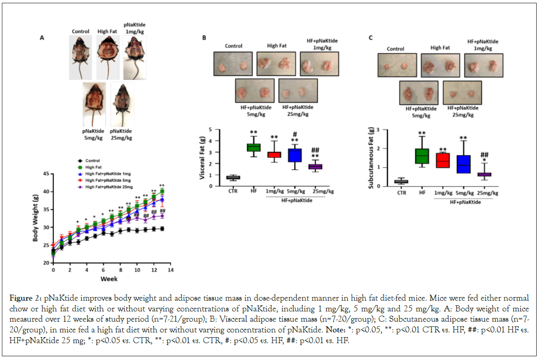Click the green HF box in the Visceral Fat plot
point(253,148)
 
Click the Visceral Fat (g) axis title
point(202,157)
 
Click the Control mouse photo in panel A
point(80,57)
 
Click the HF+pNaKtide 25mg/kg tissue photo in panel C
point(462,92)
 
